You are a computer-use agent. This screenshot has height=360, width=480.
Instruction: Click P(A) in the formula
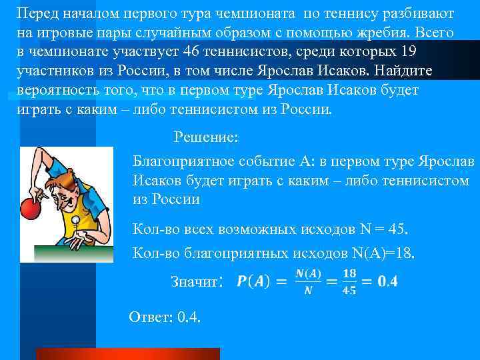click(253, 281)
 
